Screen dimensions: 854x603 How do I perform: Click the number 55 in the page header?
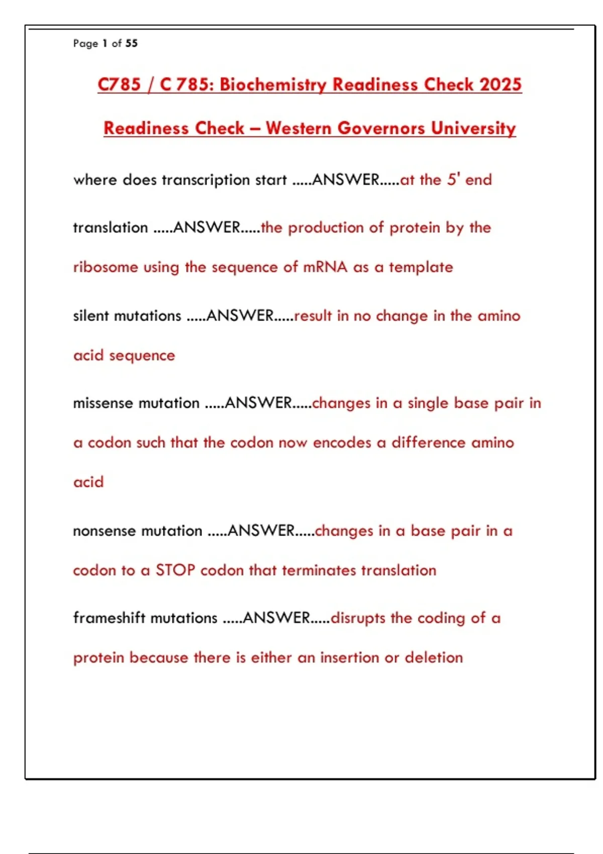[132, 43]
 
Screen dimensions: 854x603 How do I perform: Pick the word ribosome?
[106, 267]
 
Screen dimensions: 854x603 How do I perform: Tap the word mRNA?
[325, 267]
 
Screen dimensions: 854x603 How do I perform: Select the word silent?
[91, 315]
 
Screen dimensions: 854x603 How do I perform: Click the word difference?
[429, 443]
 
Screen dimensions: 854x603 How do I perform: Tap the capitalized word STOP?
[175, 570]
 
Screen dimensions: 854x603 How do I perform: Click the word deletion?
[434, 658]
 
